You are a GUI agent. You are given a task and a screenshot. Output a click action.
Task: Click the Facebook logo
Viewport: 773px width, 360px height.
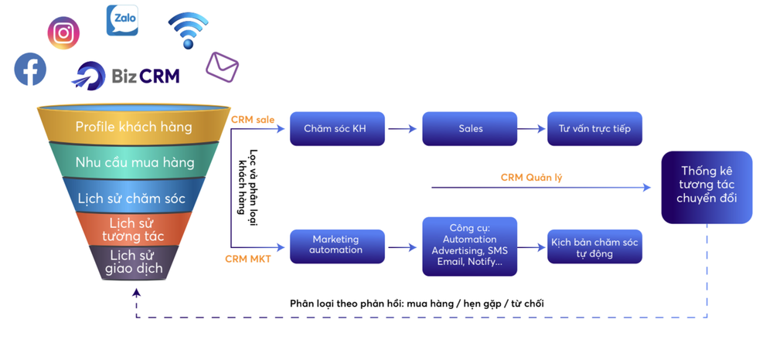pyautogui.click(x=30, y=70)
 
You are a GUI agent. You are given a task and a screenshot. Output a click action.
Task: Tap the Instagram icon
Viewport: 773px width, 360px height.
pyautogui.click(x=63, y=33)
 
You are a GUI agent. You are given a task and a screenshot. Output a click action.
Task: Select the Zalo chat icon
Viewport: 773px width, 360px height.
pyautogui.click(x=122, y=20)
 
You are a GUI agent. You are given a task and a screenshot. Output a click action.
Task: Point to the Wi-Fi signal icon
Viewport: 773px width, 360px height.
pyautogui.click(x=188, y=29)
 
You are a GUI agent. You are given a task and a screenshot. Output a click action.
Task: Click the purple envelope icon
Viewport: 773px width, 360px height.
pyautogui.click(x=222, y=67)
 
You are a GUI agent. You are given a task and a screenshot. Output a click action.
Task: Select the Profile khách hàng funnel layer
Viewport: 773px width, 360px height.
pyautogui.click(x=133, y=127)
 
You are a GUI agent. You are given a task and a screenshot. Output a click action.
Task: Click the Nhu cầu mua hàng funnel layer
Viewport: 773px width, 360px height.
pyautogui.click(x=135, y=163)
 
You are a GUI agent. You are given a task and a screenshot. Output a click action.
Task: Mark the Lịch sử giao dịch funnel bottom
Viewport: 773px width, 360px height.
pyautogui.click(x=135, y=262)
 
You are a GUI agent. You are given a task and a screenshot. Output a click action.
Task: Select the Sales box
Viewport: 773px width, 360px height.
pyautogui.click(x=470, y=129)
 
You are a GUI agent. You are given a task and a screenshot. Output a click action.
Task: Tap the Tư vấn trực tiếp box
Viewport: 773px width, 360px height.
pyautogui.click(x=594, y=129)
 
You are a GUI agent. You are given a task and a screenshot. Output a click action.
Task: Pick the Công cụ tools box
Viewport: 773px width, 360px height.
pyautogui.click(x=470, y=246)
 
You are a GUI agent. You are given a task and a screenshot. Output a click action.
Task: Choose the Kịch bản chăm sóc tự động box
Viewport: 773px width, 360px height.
pyautogui.click(x=594, y=247)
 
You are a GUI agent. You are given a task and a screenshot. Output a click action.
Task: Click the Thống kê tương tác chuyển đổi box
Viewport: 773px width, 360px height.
pyautogui.click(x=707, y=186)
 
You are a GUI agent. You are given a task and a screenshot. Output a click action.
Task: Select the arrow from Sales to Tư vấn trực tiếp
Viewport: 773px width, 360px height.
pyautogui.click(x=531, y=129)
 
